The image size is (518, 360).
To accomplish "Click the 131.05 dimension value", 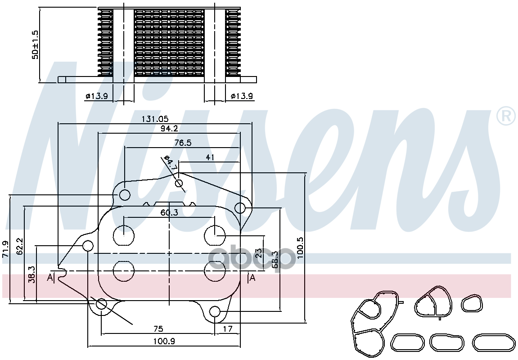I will [155, 119].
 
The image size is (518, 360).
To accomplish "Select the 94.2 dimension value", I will [169, 128].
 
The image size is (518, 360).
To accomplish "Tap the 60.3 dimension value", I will [169, 212].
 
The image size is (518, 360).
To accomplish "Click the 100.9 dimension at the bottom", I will [164, 341].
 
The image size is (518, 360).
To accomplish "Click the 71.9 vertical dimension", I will [6, 249].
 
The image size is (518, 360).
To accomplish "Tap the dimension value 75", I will [158, 329].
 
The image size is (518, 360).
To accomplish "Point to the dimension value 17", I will [228, 329].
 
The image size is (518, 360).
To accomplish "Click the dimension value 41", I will [209, 157].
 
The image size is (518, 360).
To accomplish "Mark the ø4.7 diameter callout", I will [170, 163].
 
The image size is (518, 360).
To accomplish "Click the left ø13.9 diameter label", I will [96, 96].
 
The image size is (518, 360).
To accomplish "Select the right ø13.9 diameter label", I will [242, 96].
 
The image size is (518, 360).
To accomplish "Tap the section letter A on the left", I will [50, 278].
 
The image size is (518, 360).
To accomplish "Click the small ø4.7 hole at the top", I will [179, 183].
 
